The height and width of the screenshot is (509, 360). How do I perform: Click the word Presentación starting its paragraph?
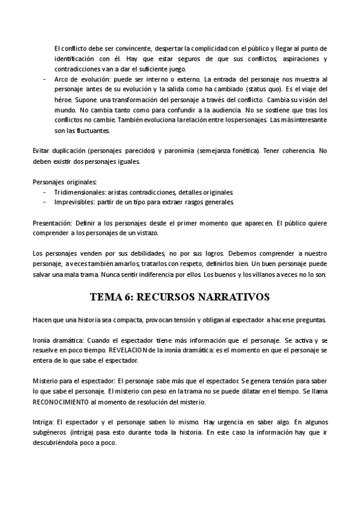pyautogui.click(x=52, y=223)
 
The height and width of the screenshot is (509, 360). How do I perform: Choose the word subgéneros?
pyautogui.click(x=51, y=433)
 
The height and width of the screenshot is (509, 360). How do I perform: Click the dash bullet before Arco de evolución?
pyautogui.click(x=46, y=79)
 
